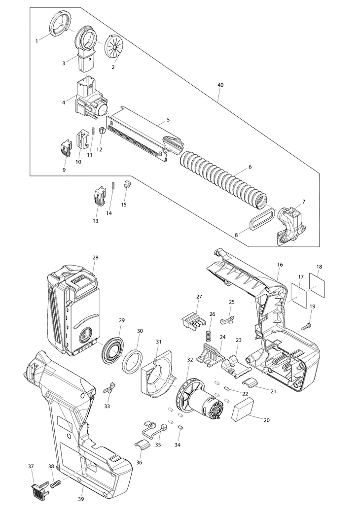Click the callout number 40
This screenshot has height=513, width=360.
click(x=220, y=85)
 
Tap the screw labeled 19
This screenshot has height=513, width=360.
click(x=305, y=326)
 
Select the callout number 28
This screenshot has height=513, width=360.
click(x=95, y=258)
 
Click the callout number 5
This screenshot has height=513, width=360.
click(x=168, y=120)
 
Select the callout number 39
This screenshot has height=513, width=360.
click(x=81, y=499)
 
